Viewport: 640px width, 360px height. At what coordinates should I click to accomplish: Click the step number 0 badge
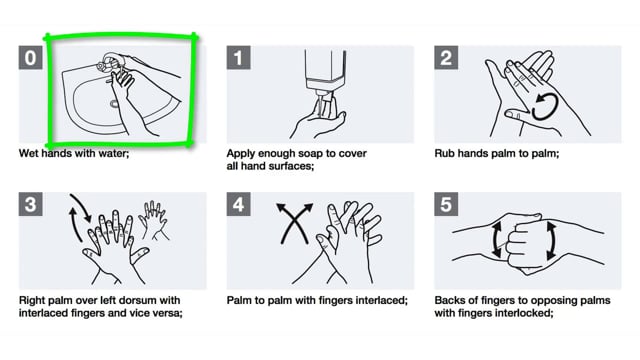point(30,58)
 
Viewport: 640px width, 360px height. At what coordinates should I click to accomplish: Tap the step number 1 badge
point(238,58)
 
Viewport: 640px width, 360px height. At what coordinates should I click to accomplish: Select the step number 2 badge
point(446,58)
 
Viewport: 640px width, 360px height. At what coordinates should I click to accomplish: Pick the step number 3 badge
point(30,204)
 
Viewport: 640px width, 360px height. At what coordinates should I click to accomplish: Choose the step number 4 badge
point(238,204)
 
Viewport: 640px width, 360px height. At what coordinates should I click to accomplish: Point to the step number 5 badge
point(446,204)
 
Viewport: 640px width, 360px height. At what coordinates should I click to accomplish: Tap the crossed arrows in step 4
point(294,223)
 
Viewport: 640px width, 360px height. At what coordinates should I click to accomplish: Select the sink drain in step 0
point(114,104)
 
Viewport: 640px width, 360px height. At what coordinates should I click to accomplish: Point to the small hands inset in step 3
point(153,220)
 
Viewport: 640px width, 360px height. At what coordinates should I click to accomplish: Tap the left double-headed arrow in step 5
point(496,240)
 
